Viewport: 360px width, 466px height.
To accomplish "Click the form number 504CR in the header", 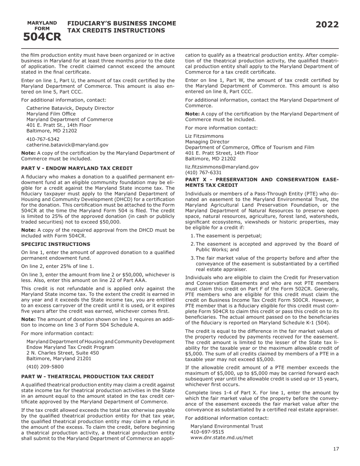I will (42, 37).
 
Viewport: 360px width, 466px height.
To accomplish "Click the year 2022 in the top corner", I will (327, 25).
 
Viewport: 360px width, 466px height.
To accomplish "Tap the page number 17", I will (336, 449).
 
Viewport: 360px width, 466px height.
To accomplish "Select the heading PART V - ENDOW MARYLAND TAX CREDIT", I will (77, 168).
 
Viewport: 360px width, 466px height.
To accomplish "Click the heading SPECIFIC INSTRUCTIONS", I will (56, 244).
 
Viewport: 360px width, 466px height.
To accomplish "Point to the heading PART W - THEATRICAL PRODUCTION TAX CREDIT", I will (88, 377).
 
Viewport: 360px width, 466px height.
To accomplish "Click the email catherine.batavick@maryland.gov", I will (67, 145).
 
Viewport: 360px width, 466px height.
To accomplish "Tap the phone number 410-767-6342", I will (43, 139).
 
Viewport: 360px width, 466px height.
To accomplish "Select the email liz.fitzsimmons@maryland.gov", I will (222, 167).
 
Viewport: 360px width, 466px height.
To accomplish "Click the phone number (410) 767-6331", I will (203, 172).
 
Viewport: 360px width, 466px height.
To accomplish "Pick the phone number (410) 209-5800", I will (45, 367).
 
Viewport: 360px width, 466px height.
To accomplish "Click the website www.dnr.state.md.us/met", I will (222, 438).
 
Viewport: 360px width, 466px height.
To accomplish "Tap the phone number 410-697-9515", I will (207, 432).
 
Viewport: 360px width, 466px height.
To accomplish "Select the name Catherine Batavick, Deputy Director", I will (70, 108).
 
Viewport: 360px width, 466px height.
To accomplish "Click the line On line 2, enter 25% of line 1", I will (58, 266).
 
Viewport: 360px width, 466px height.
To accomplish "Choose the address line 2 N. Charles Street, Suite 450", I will (63, 353).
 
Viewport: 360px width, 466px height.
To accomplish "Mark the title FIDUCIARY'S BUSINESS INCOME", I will (122, 23).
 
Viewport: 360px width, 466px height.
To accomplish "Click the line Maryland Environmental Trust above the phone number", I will (227, 426).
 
